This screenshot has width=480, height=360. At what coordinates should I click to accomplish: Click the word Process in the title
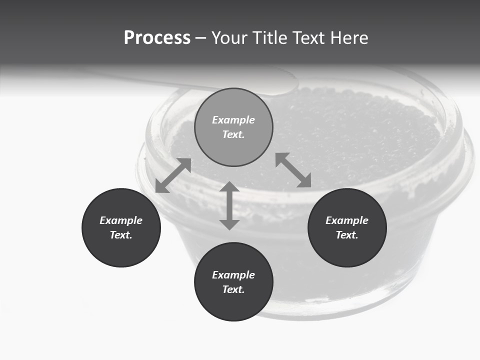157,38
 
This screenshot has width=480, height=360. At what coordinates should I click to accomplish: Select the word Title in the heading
271,38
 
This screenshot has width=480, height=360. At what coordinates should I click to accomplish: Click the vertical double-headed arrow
229,205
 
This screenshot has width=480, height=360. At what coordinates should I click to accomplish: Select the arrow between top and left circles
173,175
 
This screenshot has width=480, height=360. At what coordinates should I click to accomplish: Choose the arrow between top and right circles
293,170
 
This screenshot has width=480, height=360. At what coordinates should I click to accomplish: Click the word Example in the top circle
233,120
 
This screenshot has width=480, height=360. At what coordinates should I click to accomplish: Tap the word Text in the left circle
121,235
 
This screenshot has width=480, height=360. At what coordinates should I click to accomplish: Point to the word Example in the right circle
347,220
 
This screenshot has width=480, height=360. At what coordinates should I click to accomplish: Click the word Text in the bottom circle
233,289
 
